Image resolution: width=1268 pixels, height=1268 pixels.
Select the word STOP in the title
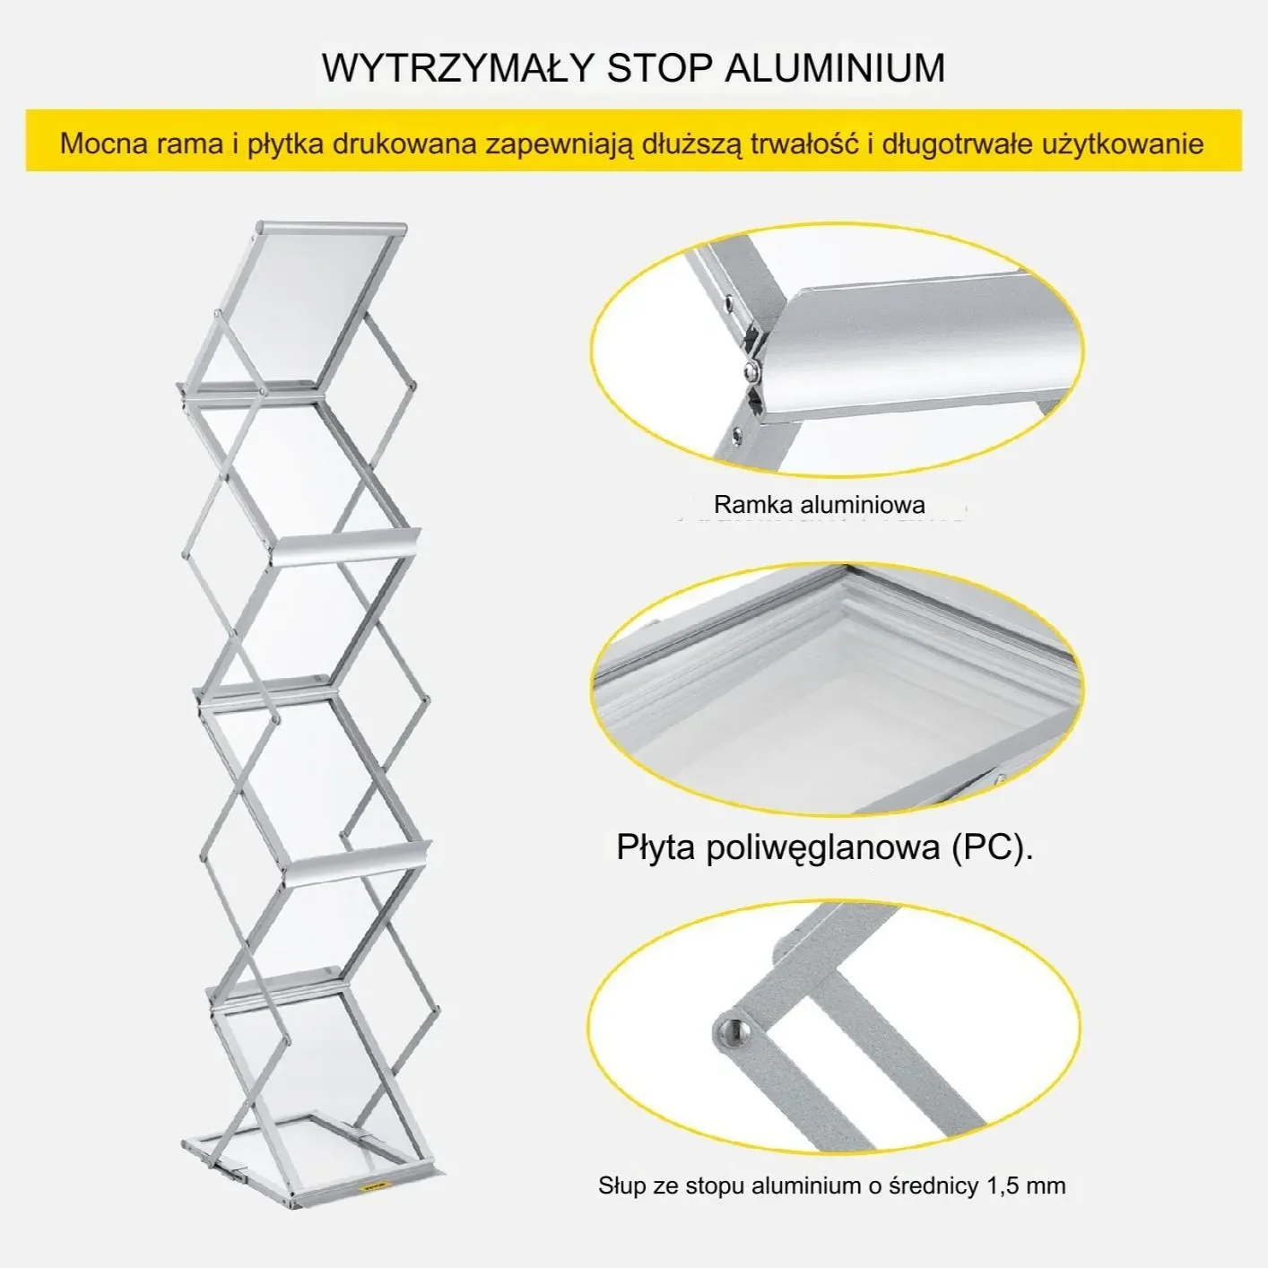659,68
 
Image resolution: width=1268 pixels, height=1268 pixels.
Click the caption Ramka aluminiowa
820,505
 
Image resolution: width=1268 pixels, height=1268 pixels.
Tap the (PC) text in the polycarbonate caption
993,847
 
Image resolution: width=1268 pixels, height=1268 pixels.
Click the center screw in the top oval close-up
752,371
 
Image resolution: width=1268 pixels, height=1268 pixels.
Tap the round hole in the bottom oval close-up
733,1029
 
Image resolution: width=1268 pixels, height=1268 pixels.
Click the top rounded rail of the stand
331,230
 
